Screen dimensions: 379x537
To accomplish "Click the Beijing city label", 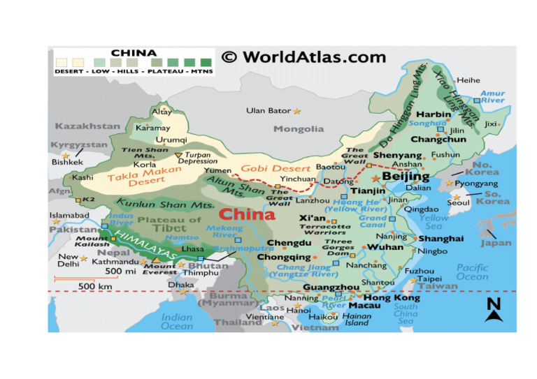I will click(406, 177).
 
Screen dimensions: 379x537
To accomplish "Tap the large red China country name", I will click(247, 214).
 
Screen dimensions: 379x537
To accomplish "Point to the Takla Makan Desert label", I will click(137, 178).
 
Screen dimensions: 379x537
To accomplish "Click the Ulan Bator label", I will click(268, 111).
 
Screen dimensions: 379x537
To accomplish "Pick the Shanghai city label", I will click(441, 239).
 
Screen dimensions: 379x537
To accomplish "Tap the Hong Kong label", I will click(392, 298).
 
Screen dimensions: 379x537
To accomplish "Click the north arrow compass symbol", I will click(494, 309).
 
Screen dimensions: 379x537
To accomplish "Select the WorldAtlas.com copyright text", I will click(303, 57).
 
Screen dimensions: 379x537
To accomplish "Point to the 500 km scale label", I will click(96, 286).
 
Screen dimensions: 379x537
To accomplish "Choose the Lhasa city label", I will click(192, 248).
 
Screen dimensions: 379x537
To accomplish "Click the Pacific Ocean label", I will click(473, 272).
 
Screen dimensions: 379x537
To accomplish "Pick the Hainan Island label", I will click(357, 320).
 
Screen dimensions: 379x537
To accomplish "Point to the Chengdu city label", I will click(289, 243).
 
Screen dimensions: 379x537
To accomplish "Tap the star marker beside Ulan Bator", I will click(296, 111).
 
